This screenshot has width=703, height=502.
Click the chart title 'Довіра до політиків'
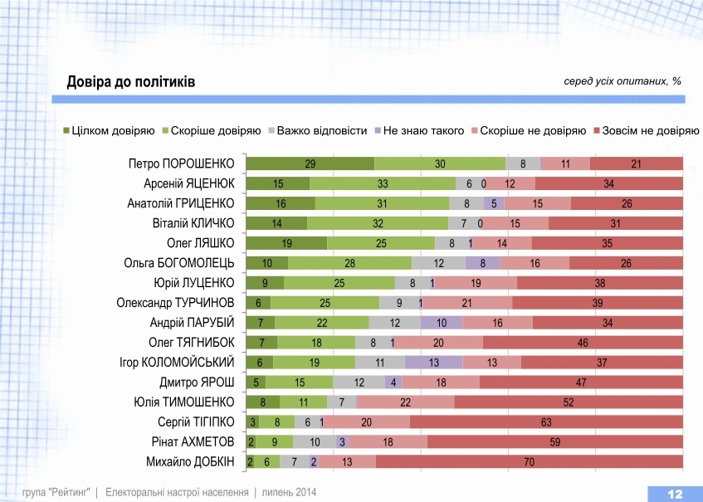[x=131, y=82]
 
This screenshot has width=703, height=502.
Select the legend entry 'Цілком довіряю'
[x=109, y=130]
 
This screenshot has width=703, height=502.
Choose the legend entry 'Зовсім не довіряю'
[x=643, y=130]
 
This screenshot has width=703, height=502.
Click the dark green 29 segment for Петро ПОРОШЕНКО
[x=310, y=163]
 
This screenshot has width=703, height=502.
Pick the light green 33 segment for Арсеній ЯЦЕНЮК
[x=383, y=183]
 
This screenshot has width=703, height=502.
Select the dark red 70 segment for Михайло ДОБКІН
[x=529, y=461]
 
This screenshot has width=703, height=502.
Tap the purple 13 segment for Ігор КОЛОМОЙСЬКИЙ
[x=433, y=362]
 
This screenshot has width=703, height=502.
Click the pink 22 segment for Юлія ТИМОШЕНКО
[x=405, y=402]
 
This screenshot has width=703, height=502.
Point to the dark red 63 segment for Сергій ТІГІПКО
[x=546, y=422]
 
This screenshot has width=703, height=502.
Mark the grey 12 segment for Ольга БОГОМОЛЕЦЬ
[x=438, y=263]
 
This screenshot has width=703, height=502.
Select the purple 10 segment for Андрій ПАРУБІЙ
[x=442, y=322]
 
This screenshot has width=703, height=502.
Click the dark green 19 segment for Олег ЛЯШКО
[x=287, y=243]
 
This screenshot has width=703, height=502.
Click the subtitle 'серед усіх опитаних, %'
[x=622, y=81]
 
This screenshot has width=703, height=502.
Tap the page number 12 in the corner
[x=674, y=494]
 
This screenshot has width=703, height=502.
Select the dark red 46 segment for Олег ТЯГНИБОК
[x=583, y=342]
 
